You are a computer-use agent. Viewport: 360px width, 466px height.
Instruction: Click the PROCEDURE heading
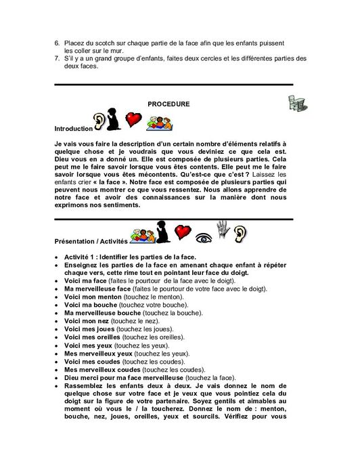[x=168, y=105]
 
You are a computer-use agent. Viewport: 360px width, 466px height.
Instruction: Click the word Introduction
[x=74, y=128]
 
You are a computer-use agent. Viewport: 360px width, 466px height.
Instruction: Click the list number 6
[x=56, y=43]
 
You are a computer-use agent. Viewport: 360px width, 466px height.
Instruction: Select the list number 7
[x=56, y=58]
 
